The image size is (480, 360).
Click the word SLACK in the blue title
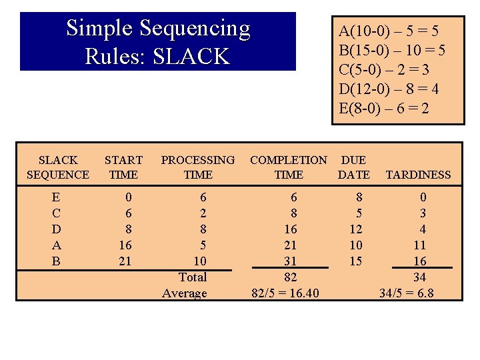tap(191, 57)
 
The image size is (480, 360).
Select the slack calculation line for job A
tap(389, 31)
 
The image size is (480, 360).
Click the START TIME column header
tap(123, 167)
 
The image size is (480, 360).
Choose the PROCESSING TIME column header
tap(198, 167)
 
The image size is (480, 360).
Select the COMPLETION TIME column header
tap(288, 167)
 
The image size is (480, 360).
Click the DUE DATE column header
tap(353, 167)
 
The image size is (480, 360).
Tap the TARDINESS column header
tap(419, 175)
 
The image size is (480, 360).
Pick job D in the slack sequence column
tap(56, 229)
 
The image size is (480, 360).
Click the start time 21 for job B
tap(125, 261)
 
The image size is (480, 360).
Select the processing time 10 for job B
tap(199, 261)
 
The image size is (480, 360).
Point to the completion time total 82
tap(291, 277)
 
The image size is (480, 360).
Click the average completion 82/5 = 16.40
tap(285, 293)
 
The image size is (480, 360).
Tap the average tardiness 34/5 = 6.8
tap(406, 293)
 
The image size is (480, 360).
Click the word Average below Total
tap(185, 293)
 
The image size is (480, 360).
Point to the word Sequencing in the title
tap(193, 29)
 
